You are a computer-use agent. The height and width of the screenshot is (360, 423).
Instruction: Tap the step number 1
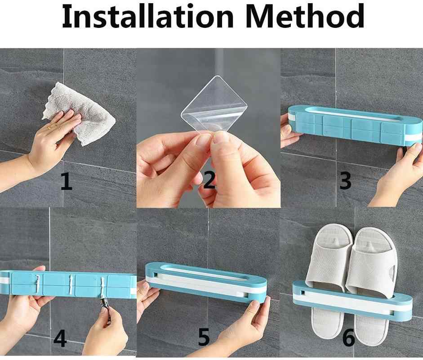[x=67, y=182]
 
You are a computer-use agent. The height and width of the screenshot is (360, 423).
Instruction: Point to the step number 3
[x=345, y=180]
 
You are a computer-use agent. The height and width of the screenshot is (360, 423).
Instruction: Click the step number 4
[x=60, y=338]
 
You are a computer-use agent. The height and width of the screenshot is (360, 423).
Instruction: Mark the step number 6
[x=349, y=337]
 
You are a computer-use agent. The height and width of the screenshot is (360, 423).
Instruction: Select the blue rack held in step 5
[x=206, y=281]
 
